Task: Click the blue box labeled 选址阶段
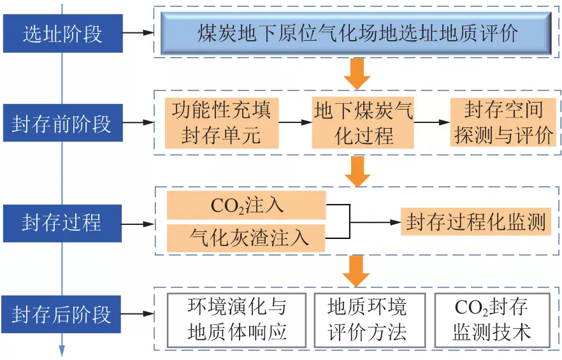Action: (x=62, y=33)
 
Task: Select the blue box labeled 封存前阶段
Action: (x=62, y=123)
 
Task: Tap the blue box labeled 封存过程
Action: (x=62, y=223)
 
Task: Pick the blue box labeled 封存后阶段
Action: (x=62, y=314)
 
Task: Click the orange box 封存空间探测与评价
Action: (x=501, y=122)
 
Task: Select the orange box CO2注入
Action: (x=246, y=206)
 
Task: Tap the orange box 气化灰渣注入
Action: (x=246, y=237)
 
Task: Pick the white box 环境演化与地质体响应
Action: (x=237, y=320)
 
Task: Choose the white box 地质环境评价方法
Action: (x=367, y=320)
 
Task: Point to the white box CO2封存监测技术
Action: (x=491, y=320)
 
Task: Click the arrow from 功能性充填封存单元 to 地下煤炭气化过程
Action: (x=294, y=122)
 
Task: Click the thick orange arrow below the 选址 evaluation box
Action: (x=357, y=74)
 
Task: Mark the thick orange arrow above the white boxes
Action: (x=356, y=271)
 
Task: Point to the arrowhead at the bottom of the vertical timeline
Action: (x=62, y=351)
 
